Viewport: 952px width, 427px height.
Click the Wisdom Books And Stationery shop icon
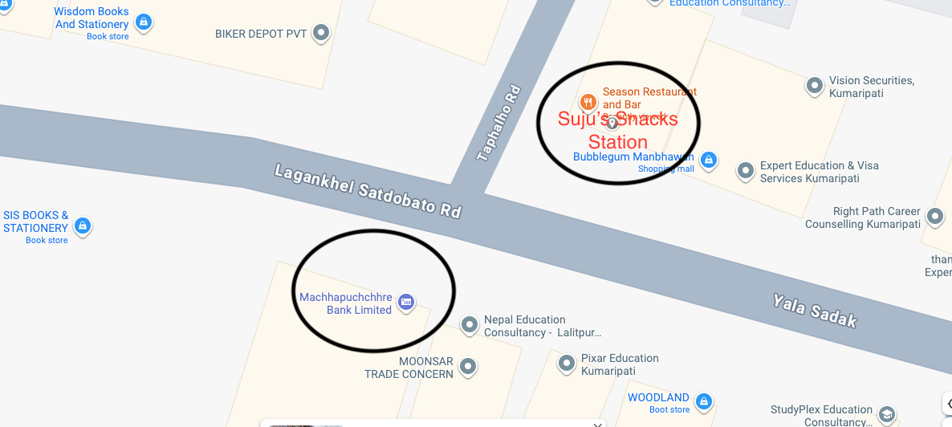pyautogui.click(x=144, y=22)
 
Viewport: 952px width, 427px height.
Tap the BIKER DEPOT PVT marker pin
pyautogui.click(x=321, y=33)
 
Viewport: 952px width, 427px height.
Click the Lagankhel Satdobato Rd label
pyautogui.click(x=368, y=191)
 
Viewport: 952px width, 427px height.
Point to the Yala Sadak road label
pyautogui.click(x=815, y=311)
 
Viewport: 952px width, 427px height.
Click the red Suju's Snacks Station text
pyautogui.click(x=617, y=131)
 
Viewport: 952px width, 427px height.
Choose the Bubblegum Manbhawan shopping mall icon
pyautogui.click(x=708, y=160)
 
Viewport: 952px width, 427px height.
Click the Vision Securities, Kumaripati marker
pyautogui.click(x=815, y=84)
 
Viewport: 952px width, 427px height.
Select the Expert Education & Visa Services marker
pyautogui.click(x=746, y=169)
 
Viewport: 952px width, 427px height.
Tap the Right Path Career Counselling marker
pyautogui.click(x=934, y=215)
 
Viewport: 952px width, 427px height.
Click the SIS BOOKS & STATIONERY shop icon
pyautogui.click(x=82, y=226)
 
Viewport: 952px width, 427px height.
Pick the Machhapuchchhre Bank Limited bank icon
pyautogui.click(x=406, y=301)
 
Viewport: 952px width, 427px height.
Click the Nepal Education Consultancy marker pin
pyautogui.click(x=470, y=323)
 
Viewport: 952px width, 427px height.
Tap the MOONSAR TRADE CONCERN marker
pyautogui.click(x=468, y=366)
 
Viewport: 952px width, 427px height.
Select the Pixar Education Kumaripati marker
pyautogui.click(x=567, y=363)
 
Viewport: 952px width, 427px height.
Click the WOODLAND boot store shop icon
pyautogui.click(x=704, y=401)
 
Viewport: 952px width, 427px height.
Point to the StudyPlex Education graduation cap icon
pyautogui.click(x=887, y=414)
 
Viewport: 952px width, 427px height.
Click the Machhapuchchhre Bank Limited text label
pyautogui.click(x=345, y=303)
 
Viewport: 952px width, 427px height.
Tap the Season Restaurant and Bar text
pyautogui.click(x=649, y=98)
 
